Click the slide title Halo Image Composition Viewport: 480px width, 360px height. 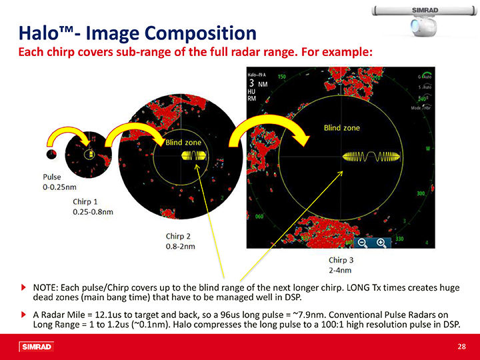(136, 33)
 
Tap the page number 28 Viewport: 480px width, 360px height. (461, 346)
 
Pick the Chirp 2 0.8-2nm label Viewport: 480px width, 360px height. (180, 241)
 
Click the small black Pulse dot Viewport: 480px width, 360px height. (51, 154)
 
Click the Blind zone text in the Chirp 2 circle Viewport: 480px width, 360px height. (183, 142)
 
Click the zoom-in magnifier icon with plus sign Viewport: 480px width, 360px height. (381, 242)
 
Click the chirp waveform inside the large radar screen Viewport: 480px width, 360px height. (370, 157)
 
